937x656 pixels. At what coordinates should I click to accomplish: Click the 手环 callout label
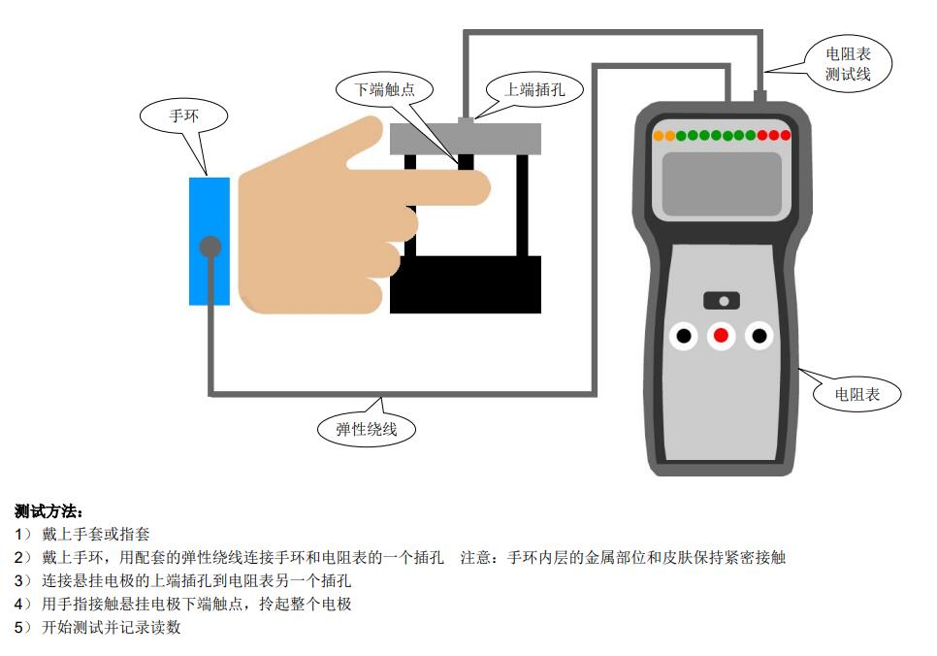click(183, 116)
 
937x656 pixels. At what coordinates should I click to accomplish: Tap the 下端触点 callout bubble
click(384, 89)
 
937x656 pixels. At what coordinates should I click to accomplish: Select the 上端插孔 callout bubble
click(534, 90)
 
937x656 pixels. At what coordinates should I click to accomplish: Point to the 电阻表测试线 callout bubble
click(848, 64)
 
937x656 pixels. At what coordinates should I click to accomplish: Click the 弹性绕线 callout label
click(367, 429)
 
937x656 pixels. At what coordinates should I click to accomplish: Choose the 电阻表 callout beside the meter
click(856, 395)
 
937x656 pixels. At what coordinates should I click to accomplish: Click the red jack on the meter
click(722, 336)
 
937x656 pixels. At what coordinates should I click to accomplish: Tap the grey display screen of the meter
click(722, 184)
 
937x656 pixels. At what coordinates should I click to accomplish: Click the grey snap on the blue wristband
click(210, 246)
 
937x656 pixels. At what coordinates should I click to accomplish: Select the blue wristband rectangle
click(210, 241)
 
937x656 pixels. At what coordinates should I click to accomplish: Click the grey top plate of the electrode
click(466, 139)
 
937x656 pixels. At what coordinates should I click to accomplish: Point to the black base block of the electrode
click(466, 284)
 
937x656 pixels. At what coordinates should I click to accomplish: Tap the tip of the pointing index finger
click(488, 188)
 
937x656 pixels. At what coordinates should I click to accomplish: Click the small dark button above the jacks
click(722, 300)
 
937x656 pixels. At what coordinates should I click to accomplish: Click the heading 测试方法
click(48, 511)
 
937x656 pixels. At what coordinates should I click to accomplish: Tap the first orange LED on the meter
click(659, 136)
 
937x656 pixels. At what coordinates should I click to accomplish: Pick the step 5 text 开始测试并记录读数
click(112, 627)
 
